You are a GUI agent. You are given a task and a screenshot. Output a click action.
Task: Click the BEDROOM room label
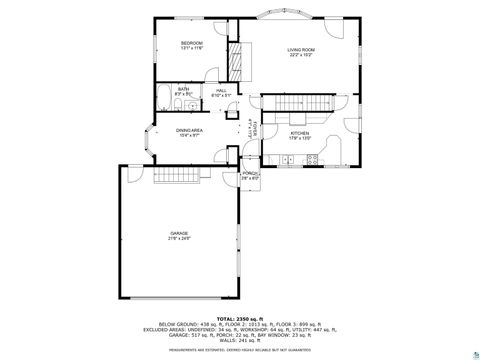(x=191, y=43)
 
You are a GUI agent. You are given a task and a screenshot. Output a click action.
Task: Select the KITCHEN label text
(x=299, y=132)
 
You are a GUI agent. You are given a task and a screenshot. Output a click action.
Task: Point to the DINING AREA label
(x=190, y=131)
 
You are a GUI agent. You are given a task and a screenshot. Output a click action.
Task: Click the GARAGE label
(x=178, y=233)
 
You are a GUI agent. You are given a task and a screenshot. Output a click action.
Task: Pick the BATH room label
(x=183, y=89)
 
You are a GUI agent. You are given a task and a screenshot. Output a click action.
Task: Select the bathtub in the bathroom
(x=164, y=98)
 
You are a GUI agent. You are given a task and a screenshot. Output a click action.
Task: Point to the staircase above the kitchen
(x=297, y=104)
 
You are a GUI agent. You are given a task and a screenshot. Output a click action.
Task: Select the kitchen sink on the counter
(x=313, y=158)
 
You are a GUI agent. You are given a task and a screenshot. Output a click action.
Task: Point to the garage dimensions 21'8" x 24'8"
(x=178, y=239)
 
